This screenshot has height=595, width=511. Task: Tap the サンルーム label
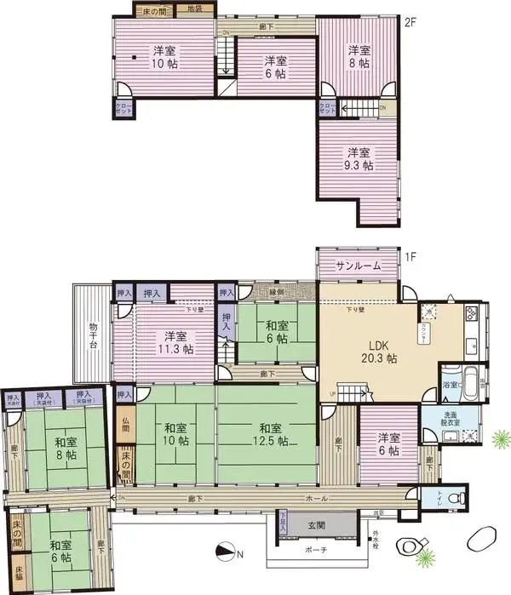(x=358, y=266)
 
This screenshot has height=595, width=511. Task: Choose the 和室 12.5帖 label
(x=270, y=433)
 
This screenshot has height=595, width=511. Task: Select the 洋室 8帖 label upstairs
(x=359, y=56)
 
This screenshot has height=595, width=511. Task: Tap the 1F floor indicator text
(x=410, y=255)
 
